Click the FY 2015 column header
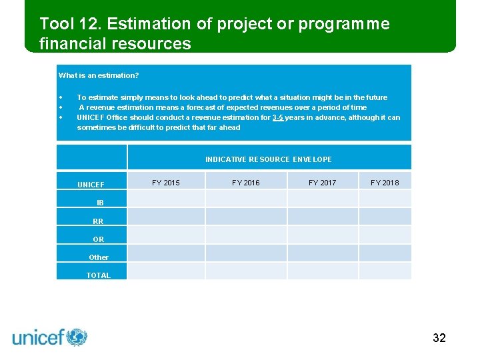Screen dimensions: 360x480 165,183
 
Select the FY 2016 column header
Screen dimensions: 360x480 245,183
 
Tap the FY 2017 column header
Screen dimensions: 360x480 322,183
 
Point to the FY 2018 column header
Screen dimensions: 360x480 385,183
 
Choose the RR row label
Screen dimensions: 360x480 98,221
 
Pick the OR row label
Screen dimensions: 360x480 98,239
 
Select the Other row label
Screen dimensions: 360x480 98,257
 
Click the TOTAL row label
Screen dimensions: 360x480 98,275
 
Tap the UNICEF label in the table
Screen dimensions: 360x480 91,185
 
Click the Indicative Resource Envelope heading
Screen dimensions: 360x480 268,159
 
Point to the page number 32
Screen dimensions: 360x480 439,338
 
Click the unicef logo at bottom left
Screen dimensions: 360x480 50,337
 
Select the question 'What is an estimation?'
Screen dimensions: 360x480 99,75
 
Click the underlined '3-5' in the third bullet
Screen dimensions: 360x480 279,117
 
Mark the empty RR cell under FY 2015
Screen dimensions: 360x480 165,217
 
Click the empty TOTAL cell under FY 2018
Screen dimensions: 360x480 385,271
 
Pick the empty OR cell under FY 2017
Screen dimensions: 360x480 322,235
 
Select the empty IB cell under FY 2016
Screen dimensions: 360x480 245,199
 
